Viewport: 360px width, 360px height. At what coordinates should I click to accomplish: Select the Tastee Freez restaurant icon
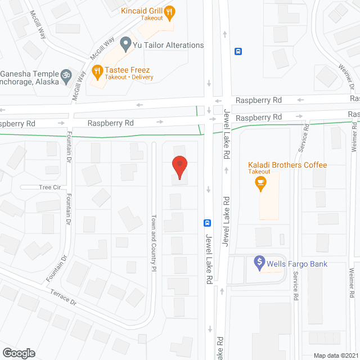97,71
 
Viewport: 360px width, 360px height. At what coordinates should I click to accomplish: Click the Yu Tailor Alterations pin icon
125,43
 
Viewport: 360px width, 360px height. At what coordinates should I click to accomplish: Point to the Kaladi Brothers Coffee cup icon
260,182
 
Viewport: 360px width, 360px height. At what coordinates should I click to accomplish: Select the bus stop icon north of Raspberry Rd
238,51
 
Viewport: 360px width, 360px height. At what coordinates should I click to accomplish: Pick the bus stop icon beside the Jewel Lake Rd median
207,222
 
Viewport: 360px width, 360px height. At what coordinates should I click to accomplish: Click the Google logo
19,353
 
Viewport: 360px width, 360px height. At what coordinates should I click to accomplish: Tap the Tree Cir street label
49,187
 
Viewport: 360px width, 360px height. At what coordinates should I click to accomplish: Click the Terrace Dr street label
63,297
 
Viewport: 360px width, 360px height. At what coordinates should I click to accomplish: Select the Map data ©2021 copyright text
335,355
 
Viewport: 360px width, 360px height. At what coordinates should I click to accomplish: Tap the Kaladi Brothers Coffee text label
287,165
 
